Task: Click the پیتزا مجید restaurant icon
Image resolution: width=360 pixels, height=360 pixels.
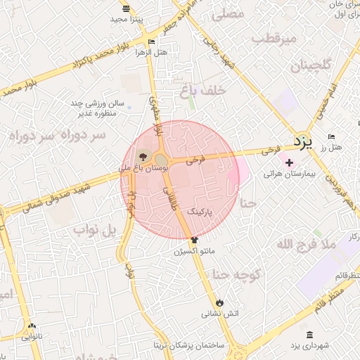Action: [126, 8]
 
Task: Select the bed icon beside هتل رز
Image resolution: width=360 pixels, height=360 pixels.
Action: [332, 136]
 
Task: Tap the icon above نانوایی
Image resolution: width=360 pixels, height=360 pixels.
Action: [32, 326]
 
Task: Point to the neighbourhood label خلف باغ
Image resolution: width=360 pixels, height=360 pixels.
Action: [202, 89]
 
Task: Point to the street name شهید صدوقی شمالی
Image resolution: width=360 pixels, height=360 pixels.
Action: [56, 196]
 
